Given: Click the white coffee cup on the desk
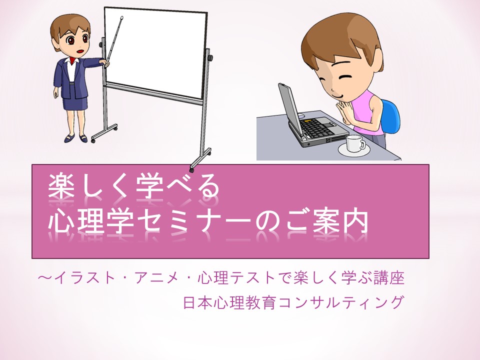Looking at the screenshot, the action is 355,143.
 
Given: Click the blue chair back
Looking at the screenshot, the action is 390,117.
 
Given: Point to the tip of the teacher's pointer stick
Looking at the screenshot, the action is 122,17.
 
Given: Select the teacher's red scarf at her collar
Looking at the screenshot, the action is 72,59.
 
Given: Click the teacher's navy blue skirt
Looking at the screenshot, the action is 75,102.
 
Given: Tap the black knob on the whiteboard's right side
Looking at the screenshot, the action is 210,58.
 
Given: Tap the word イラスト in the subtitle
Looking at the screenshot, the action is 84,278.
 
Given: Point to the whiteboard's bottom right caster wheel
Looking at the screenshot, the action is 191,169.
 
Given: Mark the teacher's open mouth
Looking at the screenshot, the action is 80,50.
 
